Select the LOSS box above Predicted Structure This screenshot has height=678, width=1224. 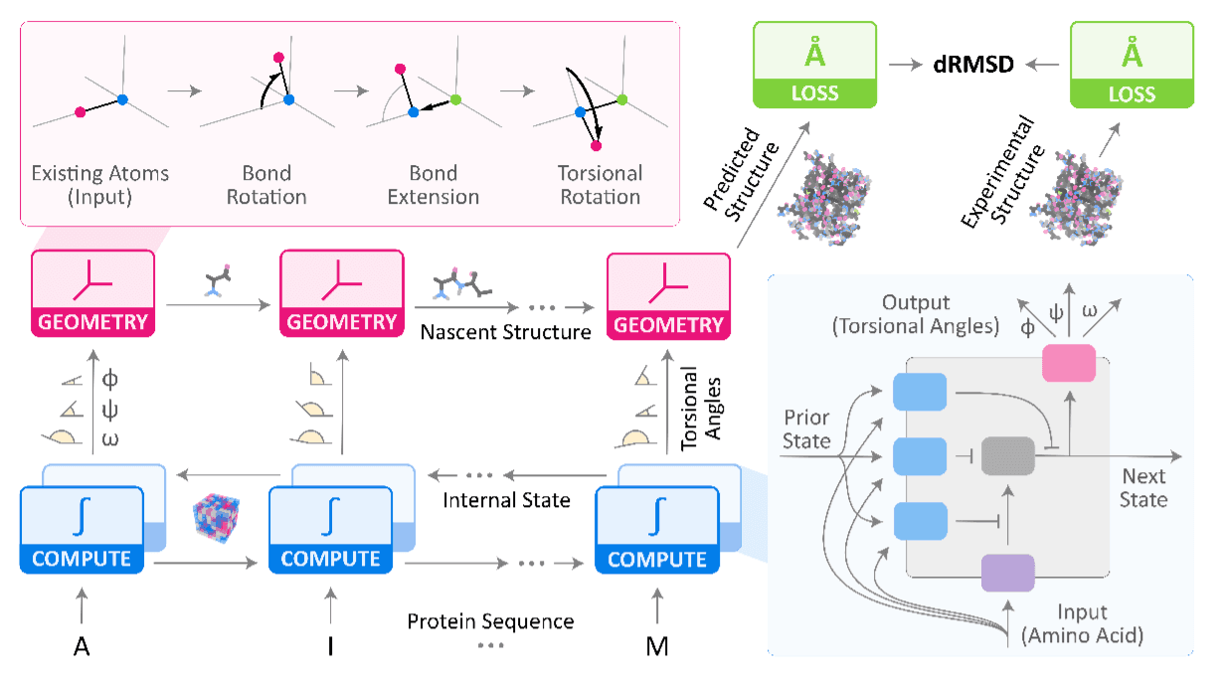click(x=815, y=65)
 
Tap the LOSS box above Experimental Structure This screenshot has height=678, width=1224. click(x=1131, y=65)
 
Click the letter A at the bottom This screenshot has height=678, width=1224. click(x=83, y=647)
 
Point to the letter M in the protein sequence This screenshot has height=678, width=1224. click(x=656, y=647)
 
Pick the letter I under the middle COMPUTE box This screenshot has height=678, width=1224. click(x=330, y=647)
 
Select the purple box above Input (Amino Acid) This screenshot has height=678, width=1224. click(x=1007, y=573)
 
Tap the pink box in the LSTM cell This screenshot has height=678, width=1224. click(x=1067, y=364)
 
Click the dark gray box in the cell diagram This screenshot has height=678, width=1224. click(x=1007, y=455)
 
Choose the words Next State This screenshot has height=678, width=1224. click(x=1143, y=487)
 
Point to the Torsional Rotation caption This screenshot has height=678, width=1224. click(x=601, y=185)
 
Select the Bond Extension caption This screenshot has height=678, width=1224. click(x=435, y=185)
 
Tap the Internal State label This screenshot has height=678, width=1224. click(x=507, y=500)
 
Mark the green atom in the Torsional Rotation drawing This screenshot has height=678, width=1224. click(x=621, y=99)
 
